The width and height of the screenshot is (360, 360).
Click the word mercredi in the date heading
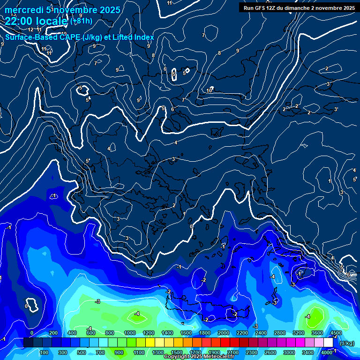point(24,10)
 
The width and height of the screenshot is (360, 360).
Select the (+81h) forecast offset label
point(81,21)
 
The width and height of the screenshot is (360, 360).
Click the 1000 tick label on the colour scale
point(129,333)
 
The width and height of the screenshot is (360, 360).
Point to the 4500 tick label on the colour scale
point(336,333)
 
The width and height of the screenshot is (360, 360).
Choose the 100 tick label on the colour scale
point(44,352)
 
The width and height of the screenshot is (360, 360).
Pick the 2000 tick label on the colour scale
point(223,333)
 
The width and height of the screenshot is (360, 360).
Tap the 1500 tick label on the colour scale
point(176,352)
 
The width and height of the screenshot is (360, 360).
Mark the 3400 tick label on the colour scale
point(308,352)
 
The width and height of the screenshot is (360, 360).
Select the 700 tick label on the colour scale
point(100,352)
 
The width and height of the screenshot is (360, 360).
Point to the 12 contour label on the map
point(30,30)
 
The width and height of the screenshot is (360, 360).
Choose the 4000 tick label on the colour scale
point(327,352)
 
